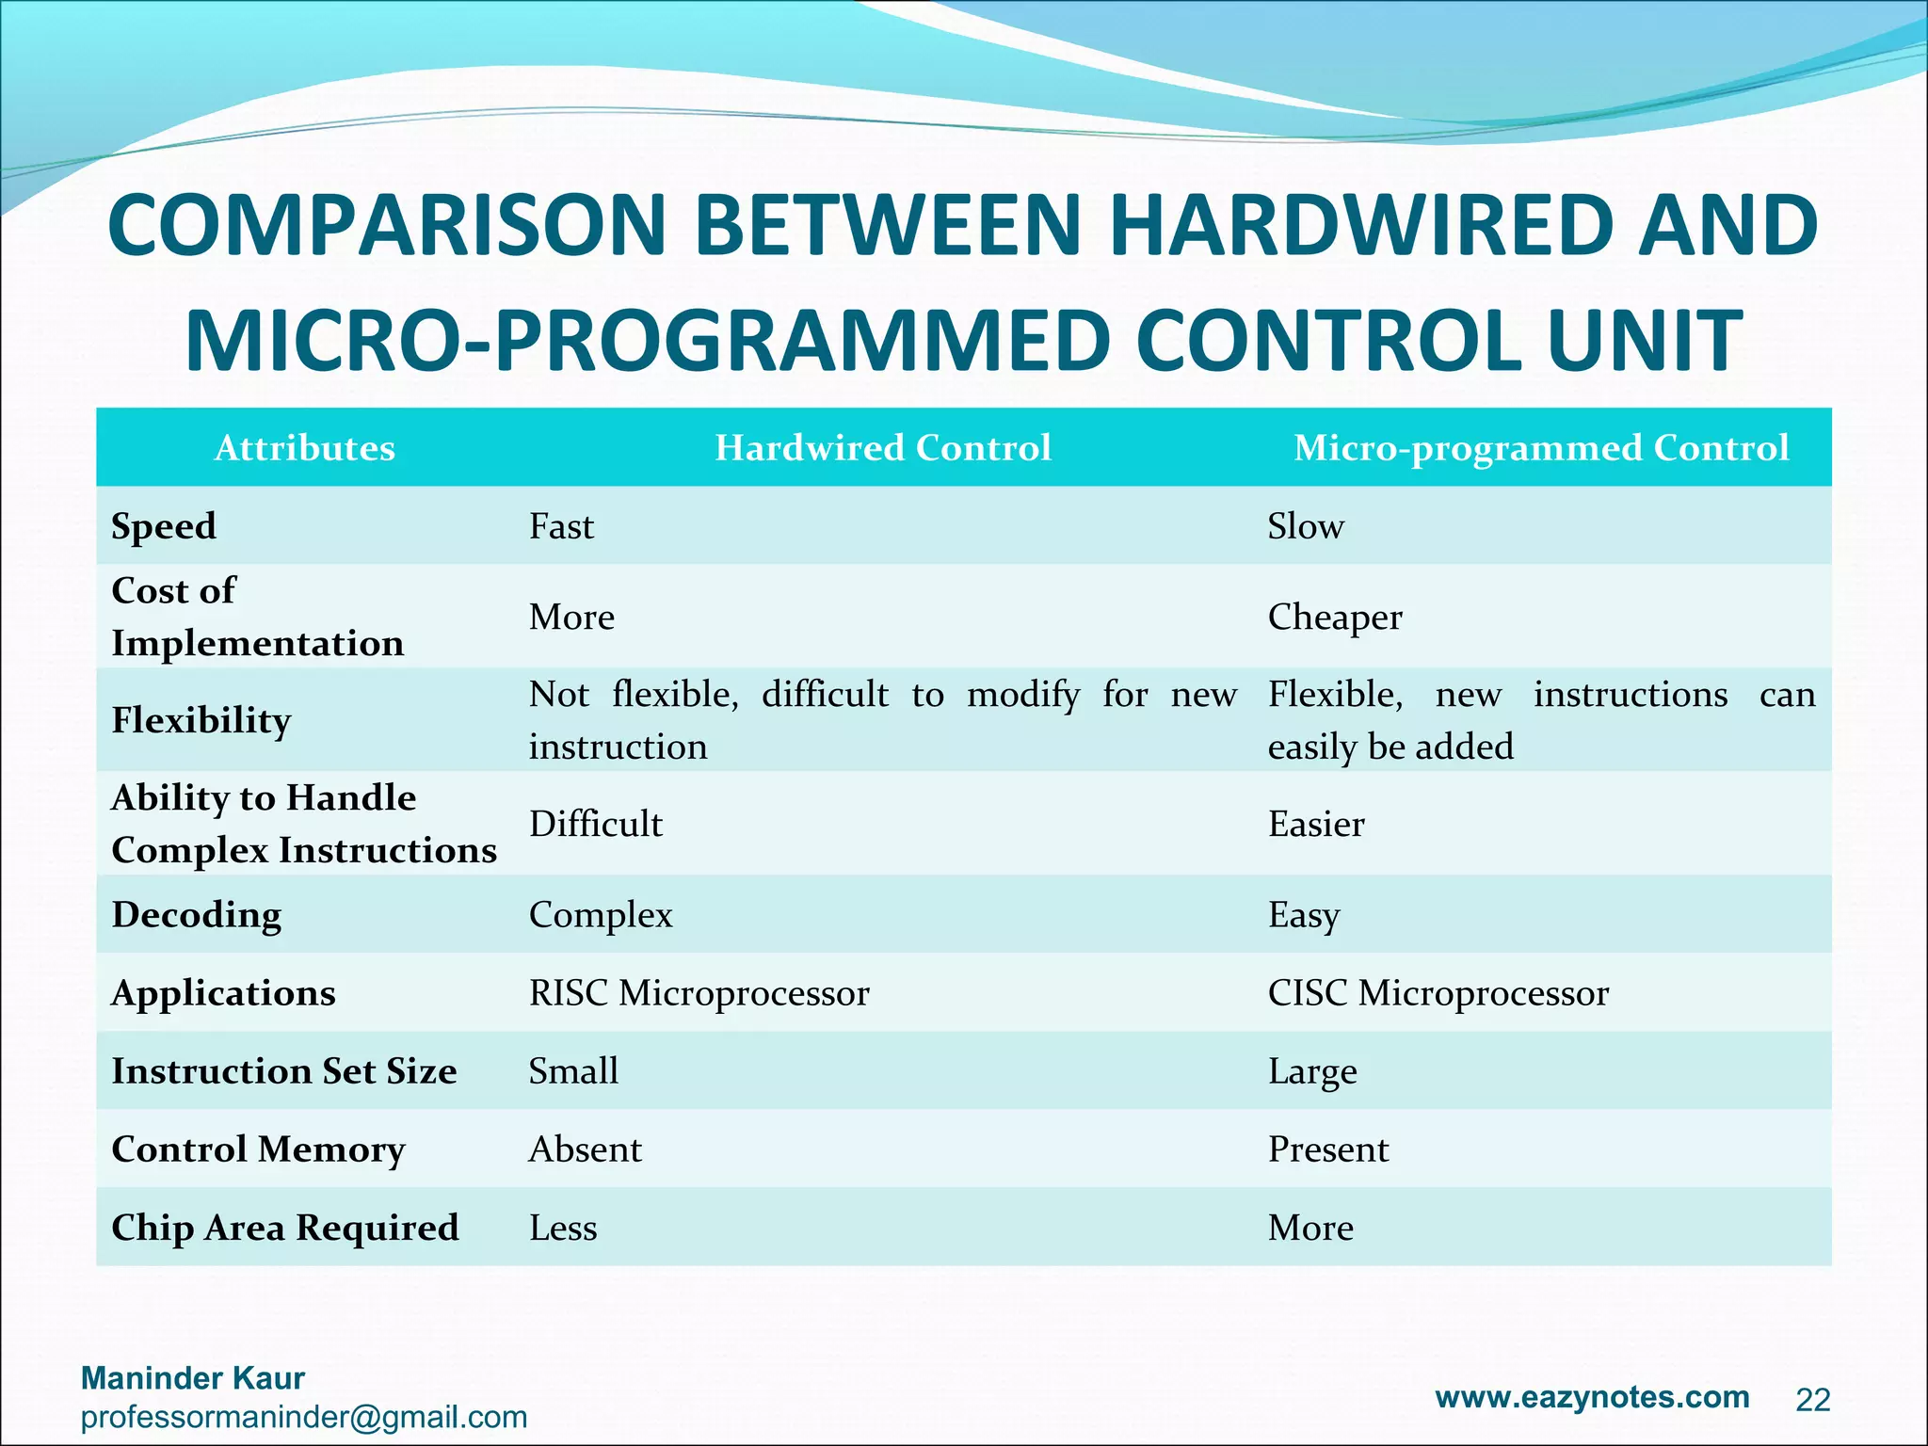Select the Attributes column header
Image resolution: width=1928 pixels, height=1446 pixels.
point(304,448)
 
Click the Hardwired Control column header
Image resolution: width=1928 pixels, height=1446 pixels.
point(882,448)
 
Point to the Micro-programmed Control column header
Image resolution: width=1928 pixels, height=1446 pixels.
point(1540,448)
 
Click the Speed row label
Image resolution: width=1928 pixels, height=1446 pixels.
point(164,526)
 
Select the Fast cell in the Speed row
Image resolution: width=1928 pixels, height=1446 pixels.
point(561,526)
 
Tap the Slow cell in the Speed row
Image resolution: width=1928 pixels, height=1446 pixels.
point(1305,526)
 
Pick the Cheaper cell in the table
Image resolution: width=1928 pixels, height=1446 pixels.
point(1334,618)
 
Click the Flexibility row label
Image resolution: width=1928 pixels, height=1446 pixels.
point(201,720)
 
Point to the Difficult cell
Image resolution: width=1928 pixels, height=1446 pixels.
point(595,825)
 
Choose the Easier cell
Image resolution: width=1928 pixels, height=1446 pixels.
point(1315,825)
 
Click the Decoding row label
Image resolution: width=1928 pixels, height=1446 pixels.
point(196,915)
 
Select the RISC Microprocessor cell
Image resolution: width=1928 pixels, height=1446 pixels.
point(699,993)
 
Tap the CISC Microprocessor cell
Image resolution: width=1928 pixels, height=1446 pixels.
point(1438,993)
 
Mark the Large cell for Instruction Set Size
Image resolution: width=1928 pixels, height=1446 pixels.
point(1311,1071)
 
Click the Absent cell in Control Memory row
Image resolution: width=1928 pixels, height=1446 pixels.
point(585,1149)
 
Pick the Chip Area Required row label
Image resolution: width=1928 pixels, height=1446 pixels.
point(284,1228)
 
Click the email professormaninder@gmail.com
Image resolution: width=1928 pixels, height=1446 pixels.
point(303,1417)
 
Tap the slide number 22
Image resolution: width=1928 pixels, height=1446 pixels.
point(1812,1401)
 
